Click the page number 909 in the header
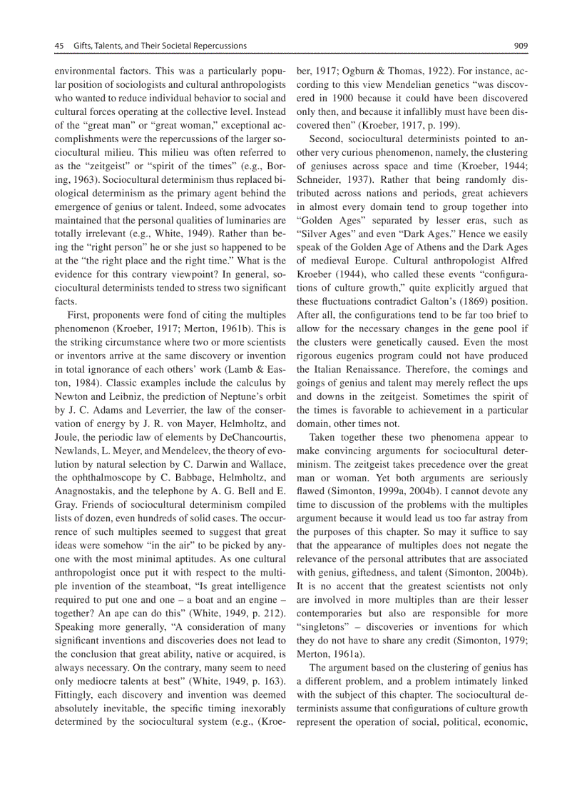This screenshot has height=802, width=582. pyautogui.click(x=520, y=46)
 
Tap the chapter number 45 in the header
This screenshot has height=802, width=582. pyautogui.click(x=60, y=46)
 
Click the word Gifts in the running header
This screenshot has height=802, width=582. pyautogui.click(x=85, y=46)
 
